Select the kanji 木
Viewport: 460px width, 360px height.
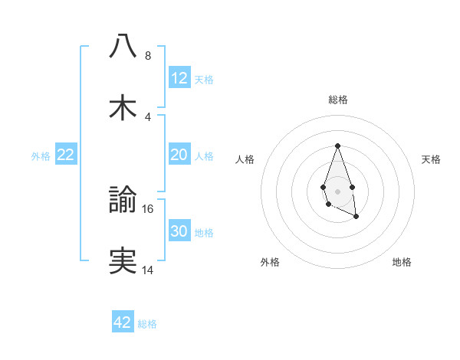[x=123, y=108]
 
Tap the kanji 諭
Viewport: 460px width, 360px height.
[x=123, y=201]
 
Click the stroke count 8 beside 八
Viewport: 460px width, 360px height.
[x=147, y=56]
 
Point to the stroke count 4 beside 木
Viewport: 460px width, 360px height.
[x=147, y=117]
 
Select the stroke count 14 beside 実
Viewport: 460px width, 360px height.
[x=149, y=270]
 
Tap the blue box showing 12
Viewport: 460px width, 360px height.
[x=179, y=78]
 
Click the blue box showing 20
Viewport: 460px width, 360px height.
[x=179, y=155]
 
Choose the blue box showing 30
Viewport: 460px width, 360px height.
[x=179, y=231]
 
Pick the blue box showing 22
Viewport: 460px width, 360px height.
[x=66, y=155]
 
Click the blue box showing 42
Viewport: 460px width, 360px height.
[x=123, y=322]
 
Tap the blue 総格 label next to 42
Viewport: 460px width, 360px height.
[x=148, y=323]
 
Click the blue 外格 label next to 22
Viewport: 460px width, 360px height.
[x=41, y=155]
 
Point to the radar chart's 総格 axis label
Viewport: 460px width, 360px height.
[x=338, y=100]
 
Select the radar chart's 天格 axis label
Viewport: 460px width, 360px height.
[x=432, y=159]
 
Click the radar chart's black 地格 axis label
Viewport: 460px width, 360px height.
[x=402, y=262]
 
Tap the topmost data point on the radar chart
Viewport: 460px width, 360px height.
[x=337, y=145]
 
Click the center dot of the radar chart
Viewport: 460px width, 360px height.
[x=337, y=190]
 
